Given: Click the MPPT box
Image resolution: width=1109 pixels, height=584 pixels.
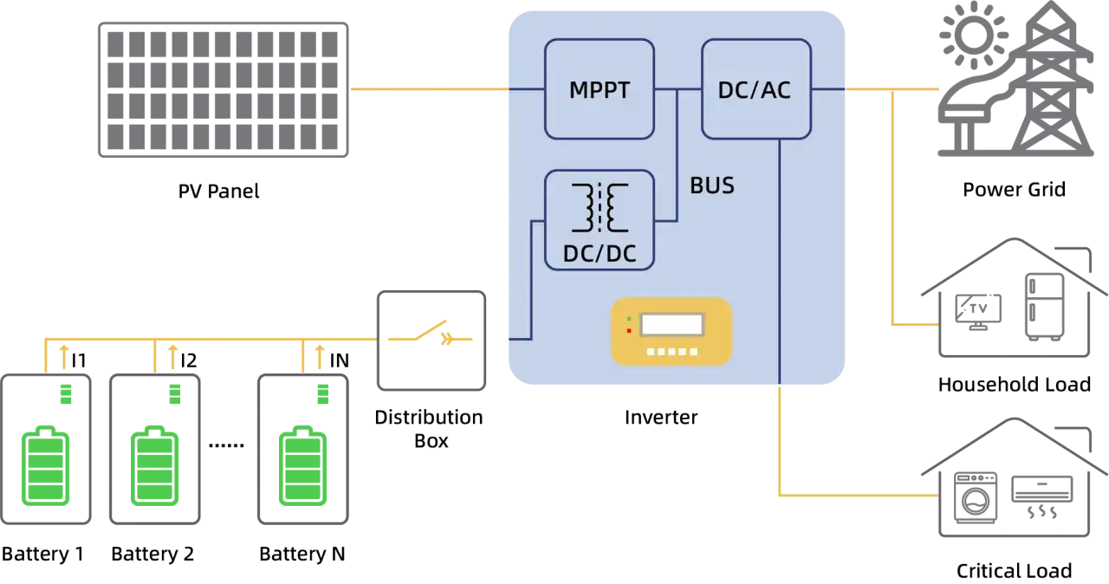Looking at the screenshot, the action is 599,89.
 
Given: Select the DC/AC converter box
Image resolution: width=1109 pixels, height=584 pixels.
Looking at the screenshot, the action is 756,89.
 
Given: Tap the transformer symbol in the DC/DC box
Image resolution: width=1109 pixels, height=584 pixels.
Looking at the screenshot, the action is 600,208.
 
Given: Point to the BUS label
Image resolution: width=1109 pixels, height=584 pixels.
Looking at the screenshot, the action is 712,185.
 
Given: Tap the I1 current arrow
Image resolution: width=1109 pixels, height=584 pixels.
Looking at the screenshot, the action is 64,357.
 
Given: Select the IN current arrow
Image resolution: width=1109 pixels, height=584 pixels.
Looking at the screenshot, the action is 320,357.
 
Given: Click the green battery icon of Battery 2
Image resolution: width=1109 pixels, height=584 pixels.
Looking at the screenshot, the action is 154,465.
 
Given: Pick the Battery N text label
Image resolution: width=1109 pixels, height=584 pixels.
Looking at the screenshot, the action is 302,554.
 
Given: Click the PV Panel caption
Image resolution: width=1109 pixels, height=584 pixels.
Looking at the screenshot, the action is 218,191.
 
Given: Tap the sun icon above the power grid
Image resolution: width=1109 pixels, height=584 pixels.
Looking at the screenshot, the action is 973,36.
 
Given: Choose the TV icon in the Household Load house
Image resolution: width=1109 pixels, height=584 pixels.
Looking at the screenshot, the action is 978,312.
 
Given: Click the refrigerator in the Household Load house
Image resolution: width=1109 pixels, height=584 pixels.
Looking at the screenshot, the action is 1045,307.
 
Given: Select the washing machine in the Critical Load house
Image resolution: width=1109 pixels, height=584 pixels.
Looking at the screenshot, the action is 976,497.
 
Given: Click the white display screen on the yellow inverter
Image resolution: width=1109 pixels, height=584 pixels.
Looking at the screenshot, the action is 671,325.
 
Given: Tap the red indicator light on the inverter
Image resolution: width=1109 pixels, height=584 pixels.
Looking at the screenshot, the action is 629,331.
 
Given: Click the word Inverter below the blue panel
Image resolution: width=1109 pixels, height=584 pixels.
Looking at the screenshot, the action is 661,418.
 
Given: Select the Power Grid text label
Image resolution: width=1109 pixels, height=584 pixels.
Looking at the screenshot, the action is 1014,190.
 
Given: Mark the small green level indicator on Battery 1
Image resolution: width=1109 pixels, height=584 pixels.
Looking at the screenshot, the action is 66,394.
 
